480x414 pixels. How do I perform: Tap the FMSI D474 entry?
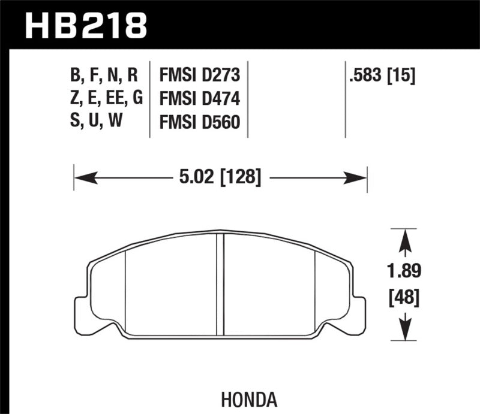(199, 99)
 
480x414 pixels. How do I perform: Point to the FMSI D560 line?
(199, 122)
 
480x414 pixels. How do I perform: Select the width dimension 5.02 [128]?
(220, 177)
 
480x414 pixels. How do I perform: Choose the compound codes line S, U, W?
(96, 122)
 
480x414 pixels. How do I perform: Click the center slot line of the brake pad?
(220, 282)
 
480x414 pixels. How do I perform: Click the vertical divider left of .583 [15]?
(346, 99)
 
